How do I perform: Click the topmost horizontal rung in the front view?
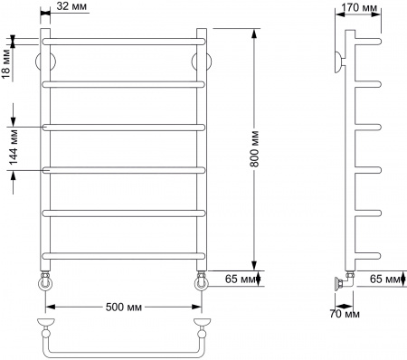pos(121,42)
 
